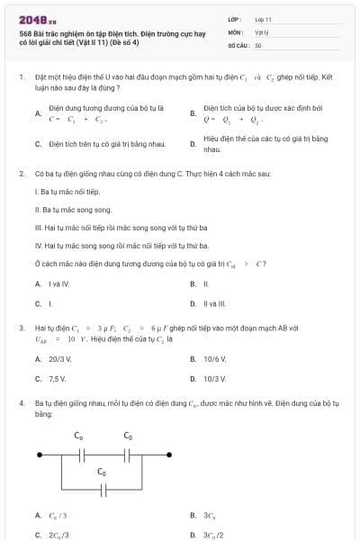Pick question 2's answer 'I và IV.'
click(x=58, y=283)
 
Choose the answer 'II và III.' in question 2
click(x=215, y=303)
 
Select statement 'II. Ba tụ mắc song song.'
click(x=72, y=210)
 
